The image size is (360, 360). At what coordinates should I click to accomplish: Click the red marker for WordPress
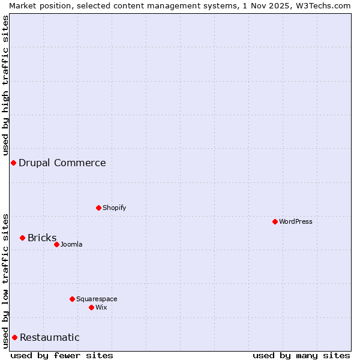(275, 221)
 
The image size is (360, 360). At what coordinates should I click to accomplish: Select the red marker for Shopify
(98, 208)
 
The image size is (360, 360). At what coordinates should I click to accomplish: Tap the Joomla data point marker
(56, 244)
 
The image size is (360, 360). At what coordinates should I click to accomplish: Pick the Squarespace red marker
(72, 299)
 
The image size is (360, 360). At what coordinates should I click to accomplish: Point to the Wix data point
(91, 307)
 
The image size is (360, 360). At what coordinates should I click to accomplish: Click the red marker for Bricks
(22, 238)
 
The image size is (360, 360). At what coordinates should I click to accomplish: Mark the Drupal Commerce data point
(13, 163)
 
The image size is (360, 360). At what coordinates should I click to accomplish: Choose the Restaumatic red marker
(14, 337)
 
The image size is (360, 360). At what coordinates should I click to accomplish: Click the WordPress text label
(296, 221)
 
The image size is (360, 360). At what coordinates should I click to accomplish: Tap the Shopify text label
(114, 208)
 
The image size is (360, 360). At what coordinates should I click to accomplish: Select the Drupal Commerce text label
(62, 163)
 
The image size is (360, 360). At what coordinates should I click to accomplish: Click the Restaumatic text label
(50, 337)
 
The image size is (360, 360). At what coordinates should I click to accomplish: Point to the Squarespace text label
(97, 299)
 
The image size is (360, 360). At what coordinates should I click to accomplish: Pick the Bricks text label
(42, 238)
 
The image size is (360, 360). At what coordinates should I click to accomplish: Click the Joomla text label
(71, 244)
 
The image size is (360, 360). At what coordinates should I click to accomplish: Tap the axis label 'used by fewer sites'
(62, 355)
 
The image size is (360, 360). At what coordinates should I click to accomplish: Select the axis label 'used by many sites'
(301, 355)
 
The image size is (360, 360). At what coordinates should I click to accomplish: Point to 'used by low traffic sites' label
(5, 280)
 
